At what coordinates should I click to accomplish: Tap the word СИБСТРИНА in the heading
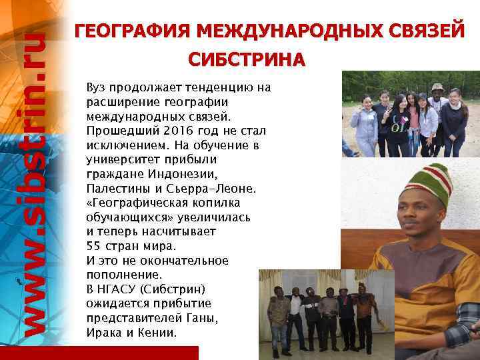tap(247, 60)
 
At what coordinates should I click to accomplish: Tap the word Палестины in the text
tap(115, 189)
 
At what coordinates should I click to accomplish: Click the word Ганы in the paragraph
tap(199, 317)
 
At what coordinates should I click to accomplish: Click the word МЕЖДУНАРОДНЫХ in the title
tap(273, 31)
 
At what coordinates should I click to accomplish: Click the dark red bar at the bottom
tap(100, 353)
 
